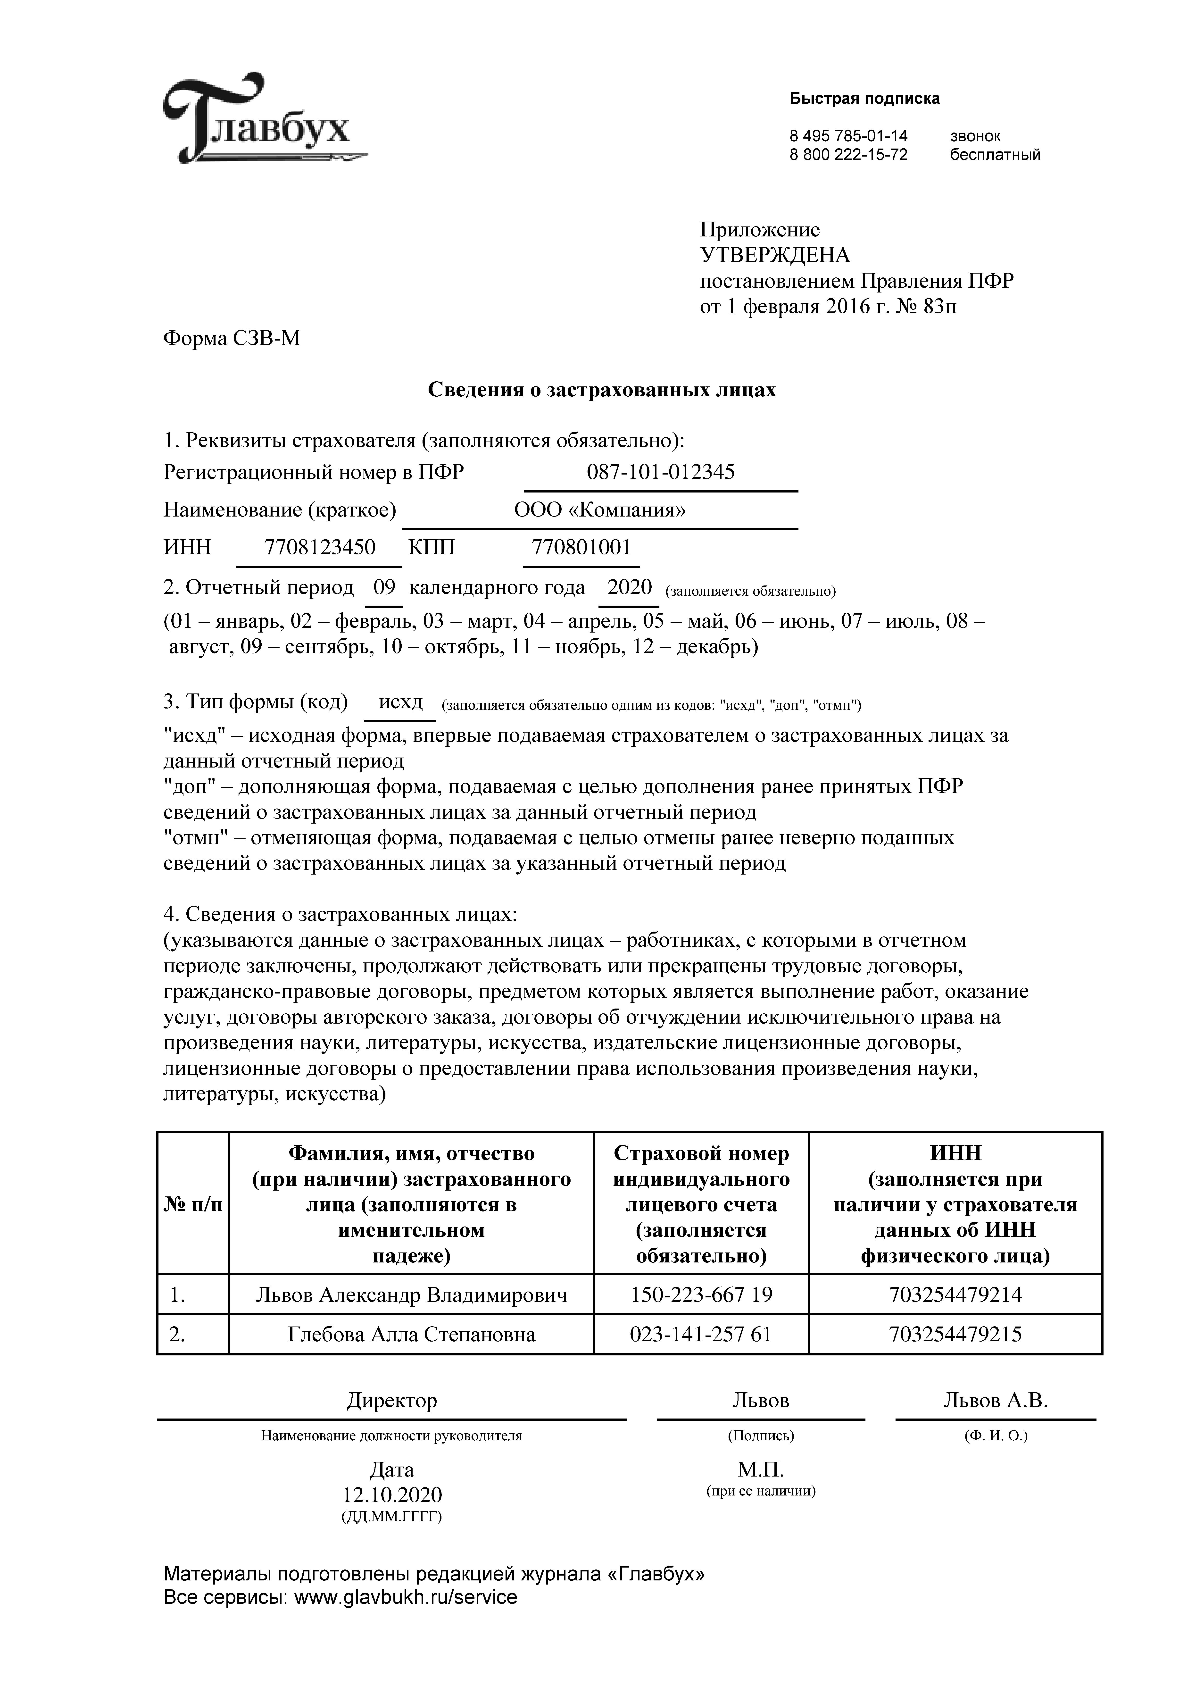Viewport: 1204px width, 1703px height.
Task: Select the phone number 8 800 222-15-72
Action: click(x=848, y=155)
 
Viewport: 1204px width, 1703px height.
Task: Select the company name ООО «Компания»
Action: click(x=599, y=510)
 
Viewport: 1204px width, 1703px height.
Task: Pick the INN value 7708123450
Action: click(x=320, y=547)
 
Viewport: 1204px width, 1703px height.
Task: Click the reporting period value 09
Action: click(x=384, y=587)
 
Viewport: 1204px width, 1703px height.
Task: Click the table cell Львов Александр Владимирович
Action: click(x=411, y=1294)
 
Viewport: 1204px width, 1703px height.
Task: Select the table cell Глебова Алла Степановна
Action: click(x=411, y=1334)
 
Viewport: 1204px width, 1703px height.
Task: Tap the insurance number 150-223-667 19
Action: click(x=701, y=1294)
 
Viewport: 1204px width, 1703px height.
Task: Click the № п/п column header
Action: click(x=192, y=1205)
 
